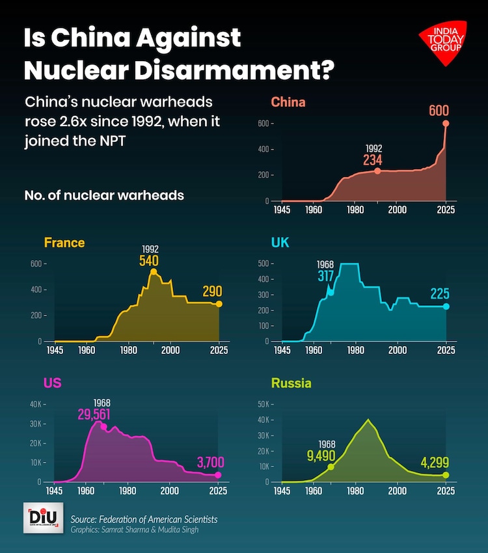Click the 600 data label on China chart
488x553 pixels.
pos(439,110)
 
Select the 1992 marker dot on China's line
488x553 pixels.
pos(377,171)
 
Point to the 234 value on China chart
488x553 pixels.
pos(373,159)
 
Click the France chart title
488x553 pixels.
pos(64,243)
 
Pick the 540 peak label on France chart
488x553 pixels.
pos(149,260)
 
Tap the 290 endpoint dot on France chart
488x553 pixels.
pos(219,304)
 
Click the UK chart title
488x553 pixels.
pos(280,242)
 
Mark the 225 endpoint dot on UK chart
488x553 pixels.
pos(446,306)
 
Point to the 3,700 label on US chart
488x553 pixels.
pos(210,463)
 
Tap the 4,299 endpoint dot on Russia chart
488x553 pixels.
pos(446,475)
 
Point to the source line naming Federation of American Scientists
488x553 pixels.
pos(144,519)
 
